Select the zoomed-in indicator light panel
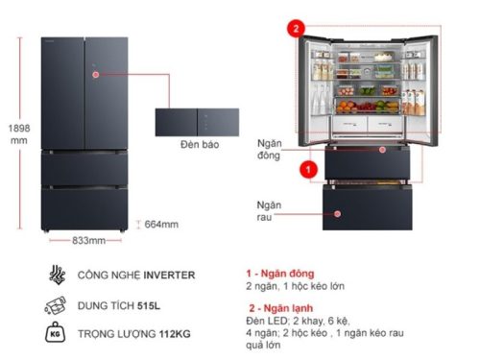click(x=199, y=122)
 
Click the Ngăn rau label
click(x=268, y=211)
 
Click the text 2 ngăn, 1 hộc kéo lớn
click(x=293, y=286)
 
